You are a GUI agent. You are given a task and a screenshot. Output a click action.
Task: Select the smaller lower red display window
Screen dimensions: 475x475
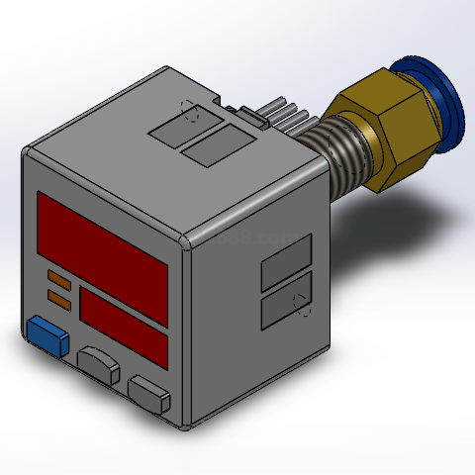pyautogui.click(x=123, y=317)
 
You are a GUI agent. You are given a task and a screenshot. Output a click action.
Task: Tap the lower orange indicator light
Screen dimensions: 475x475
pyautogui.click(x=58, y=296)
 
